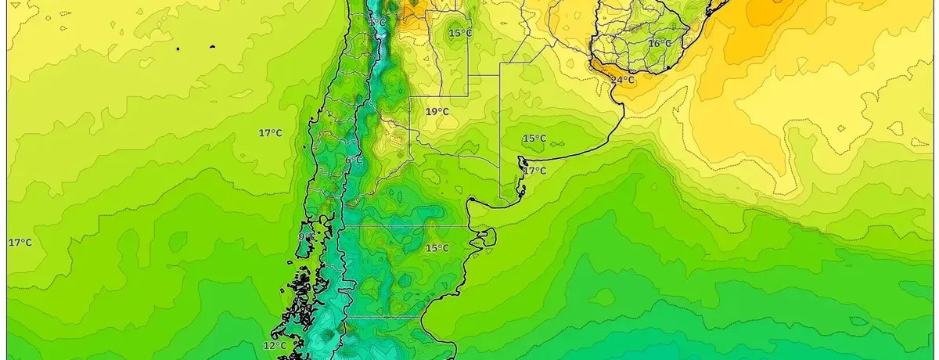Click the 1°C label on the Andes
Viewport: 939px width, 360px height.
point(378,23)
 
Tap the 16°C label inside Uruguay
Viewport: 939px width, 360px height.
point(660,43)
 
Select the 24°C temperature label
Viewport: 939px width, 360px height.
point(622,80)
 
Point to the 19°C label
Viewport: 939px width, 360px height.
point(437,112)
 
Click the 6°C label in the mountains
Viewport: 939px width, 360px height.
point(354,160)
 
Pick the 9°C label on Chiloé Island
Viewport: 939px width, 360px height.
point(306,236)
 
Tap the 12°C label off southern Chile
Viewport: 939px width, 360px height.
point(274,345)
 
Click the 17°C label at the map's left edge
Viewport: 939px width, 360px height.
point(20,243)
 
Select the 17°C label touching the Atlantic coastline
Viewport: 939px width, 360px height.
point(534,171)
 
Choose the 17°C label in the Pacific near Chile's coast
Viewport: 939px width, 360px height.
point(270,133)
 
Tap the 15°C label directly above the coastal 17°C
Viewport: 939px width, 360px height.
point(534,139)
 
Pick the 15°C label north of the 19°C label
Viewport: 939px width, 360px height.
point(460,33)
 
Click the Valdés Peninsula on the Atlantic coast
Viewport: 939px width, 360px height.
point(487,236)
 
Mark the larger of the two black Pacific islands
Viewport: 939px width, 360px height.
point(178,49)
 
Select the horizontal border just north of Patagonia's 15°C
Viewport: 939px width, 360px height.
point(407,226)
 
